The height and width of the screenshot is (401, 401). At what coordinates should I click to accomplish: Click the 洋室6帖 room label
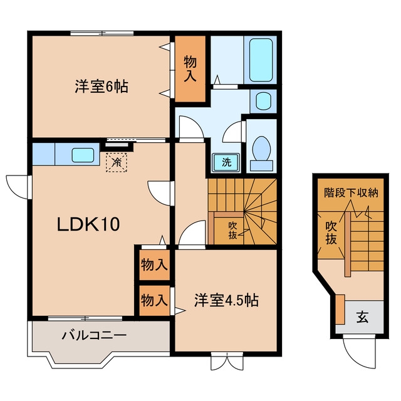pyautogui.click(x=102, y=86)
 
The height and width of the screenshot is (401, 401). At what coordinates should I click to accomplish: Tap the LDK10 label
pyautogui.click(x=88, y=224)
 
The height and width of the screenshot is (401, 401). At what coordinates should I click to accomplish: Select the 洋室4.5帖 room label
pyautogui.click(x=226, y=300)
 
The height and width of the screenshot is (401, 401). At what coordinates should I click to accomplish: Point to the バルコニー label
pyautogui.click(x=94, y=335)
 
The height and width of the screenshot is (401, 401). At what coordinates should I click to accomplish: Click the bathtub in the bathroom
pyautogui.click(x=261, y=60)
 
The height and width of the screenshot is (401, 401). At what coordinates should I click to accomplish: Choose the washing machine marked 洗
pyautogui.click(x=226, y=162)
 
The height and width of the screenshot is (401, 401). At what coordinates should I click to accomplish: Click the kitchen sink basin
pyautogui.click(x=83, y=155)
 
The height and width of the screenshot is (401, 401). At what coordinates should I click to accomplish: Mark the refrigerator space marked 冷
pyautogui.click(x=117, y=162)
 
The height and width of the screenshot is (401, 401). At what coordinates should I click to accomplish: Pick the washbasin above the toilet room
pyautogui.click(x=263, y=102)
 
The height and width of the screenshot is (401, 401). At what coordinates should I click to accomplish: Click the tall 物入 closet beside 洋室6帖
pyautogui.click(x=190, y=69)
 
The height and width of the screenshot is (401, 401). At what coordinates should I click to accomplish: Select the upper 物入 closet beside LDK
pyautogui.click(x=154, y=264)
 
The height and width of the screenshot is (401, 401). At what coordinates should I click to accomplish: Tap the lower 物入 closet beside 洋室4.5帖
pyautogui.click(x=154, y=301)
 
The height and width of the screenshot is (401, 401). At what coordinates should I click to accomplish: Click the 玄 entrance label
pyautogui.click(x=362, y=317)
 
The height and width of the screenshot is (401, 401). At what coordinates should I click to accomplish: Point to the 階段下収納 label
pyautogui.click(x=351, y=192)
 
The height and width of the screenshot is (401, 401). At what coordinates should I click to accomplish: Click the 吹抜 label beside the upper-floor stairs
pyautogui.click(x=232, y=231)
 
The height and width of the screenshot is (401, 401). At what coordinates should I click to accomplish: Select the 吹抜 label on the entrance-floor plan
pyautogui.click(x=331, y=232)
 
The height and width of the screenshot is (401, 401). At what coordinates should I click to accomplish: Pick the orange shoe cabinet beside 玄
pyautogui.click(x=340, y=309)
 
